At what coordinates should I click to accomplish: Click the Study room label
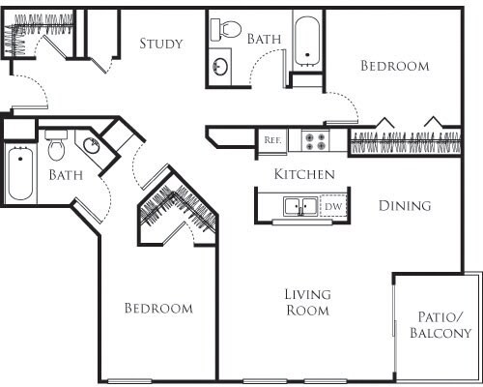[162, 44]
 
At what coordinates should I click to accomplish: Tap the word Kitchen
[304, 175]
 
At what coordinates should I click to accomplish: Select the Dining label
[404, 206]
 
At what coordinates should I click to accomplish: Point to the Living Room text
[307, 302]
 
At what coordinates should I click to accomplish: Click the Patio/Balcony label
[440, 325]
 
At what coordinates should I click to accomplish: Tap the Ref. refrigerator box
[272, 140]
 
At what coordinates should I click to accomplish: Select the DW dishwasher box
[332, 206]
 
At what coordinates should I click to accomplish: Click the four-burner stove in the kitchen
[315, 140]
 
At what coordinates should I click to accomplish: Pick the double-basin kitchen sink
[300, 206]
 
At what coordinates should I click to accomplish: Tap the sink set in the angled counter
[90, 146]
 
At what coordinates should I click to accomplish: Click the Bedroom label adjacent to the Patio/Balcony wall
[158, 309]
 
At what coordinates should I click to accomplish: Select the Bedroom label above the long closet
[394, 67]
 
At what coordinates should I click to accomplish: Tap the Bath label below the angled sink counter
[66, 176]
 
